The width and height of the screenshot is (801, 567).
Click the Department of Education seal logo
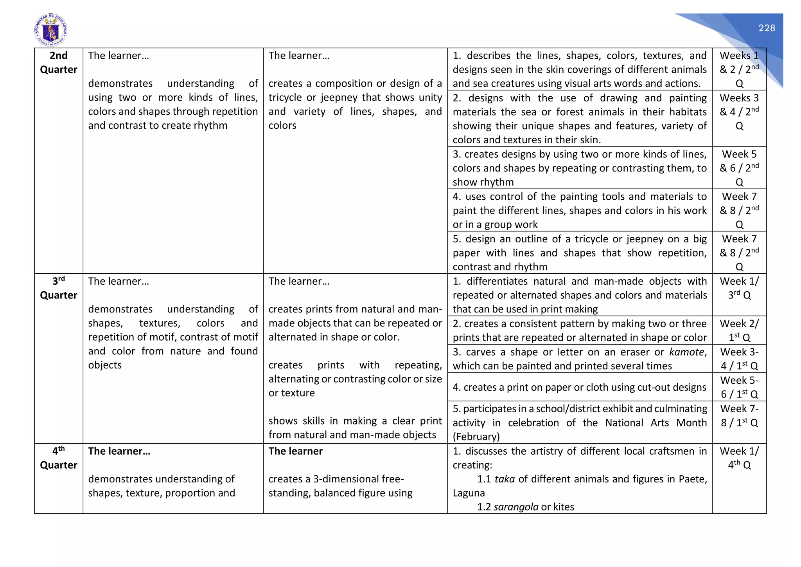pyautogui.click(x=50, y=30)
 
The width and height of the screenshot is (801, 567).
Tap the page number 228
pyautogui.click(x=767, y=28)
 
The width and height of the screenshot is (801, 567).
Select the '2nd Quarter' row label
pyautogui.click(x=59, y=63)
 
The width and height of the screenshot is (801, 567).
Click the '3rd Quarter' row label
pyautogui.click(x=59, y=288)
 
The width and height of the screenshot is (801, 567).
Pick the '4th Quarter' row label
pyautogui.click(x=59, y=458)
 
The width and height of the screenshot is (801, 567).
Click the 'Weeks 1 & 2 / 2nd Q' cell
pyautogui.click(x=739, y=69)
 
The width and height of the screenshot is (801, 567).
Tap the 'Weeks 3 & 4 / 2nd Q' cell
pyautogui.click(x=739, y=112)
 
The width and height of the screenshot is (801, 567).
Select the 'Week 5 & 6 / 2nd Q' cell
pyautogui.click(x=739, y=168)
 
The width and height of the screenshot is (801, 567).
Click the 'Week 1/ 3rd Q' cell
pyautogui.click(x=739, y=288)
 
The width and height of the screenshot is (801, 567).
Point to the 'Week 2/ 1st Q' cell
pyautogui.click(x=739, y=330)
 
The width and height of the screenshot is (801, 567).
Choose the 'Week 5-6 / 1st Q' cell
pyautogui.click(x=739, y=387)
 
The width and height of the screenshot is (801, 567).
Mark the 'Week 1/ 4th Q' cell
pyautogui.click(x=739, y=458)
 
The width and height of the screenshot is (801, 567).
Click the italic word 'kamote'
pyautogui.click(x=688, y=352)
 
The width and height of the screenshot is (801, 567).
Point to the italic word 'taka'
pyautogui.click(x=505, y=479)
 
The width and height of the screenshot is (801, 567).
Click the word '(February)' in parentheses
pyautogui.click(x=476, y=437)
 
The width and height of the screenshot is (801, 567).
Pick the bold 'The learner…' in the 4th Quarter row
pyautogui.click(x=119, y=451)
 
